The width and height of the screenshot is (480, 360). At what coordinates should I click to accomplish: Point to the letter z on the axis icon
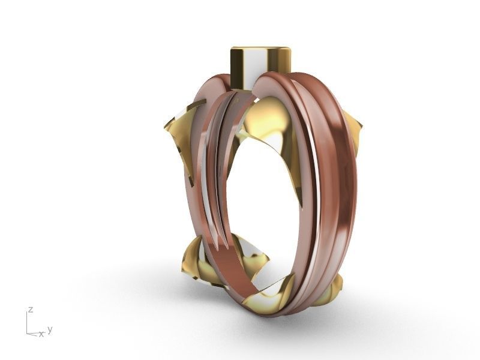tap(29, 310)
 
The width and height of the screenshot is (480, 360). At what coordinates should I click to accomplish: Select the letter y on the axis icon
tap(50, 329)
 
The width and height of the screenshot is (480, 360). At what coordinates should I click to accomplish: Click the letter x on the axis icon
tap(41, 334)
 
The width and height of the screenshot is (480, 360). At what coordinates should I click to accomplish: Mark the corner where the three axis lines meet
tap(28, 331)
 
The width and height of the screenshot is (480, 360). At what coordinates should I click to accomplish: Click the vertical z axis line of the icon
tap(28, 323)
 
